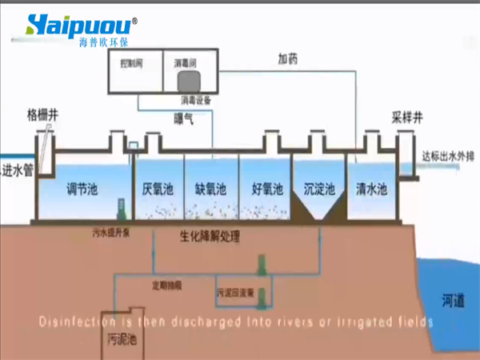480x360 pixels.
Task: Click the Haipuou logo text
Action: tap(80, 23)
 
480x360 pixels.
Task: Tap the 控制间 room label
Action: tap(130, 62)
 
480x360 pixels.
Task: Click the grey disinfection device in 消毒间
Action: tap(190, 81)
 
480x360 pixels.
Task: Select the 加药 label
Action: tap(289, 58)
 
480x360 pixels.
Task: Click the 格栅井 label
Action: tap(42, 114)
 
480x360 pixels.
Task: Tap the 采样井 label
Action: tap(407, 115)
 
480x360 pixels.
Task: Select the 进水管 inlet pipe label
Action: tap(17, 170)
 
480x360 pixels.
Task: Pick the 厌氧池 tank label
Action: tap(158, 190)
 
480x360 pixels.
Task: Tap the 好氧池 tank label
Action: tap(266, 190)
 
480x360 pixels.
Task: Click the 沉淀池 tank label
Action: tap(319, 190)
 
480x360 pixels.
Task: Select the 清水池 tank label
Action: tap(371, 190)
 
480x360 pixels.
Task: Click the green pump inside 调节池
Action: tap(120, 210)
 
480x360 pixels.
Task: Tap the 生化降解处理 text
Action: tap(210, 237)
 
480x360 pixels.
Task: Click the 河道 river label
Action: tap(452, 301)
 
